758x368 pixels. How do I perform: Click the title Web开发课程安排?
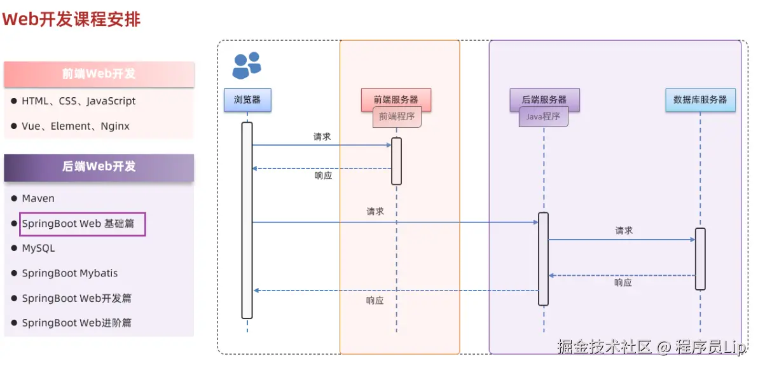(72, 20)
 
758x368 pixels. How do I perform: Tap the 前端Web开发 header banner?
(99, 74)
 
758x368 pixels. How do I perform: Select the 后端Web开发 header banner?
(99, 167)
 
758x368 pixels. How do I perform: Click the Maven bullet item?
(38, 198)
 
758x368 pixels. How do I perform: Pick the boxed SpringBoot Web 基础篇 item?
(82, 224)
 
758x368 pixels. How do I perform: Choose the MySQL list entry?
(38, 249)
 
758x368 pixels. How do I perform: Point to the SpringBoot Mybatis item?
(69, 273)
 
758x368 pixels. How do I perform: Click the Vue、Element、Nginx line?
(76, 126)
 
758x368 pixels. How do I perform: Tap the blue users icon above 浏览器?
(247, 65)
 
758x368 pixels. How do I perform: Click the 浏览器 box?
(247, 100)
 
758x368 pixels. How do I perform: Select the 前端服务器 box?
(396, 100)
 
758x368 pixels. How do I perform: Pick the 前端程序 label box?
(397, 116)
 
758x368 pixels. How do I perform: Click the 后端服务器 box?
(544, 100)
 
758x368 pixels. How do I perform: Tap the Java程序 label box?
(543, 116)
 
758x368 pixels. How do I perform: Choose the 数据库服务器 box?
(700, 100)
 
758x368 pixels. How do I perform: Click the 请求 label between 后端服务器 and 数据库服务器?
(624, 231)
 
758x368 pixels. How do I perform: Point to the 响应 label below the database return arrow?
(623, 283)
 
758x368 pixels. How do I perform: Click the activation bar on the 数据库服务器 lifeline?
(700, 259)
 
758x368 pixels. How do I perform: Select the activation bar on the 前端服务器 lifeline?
(396, 161)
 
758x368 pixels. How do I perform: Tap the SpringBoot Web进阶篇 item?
(76, 323)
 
